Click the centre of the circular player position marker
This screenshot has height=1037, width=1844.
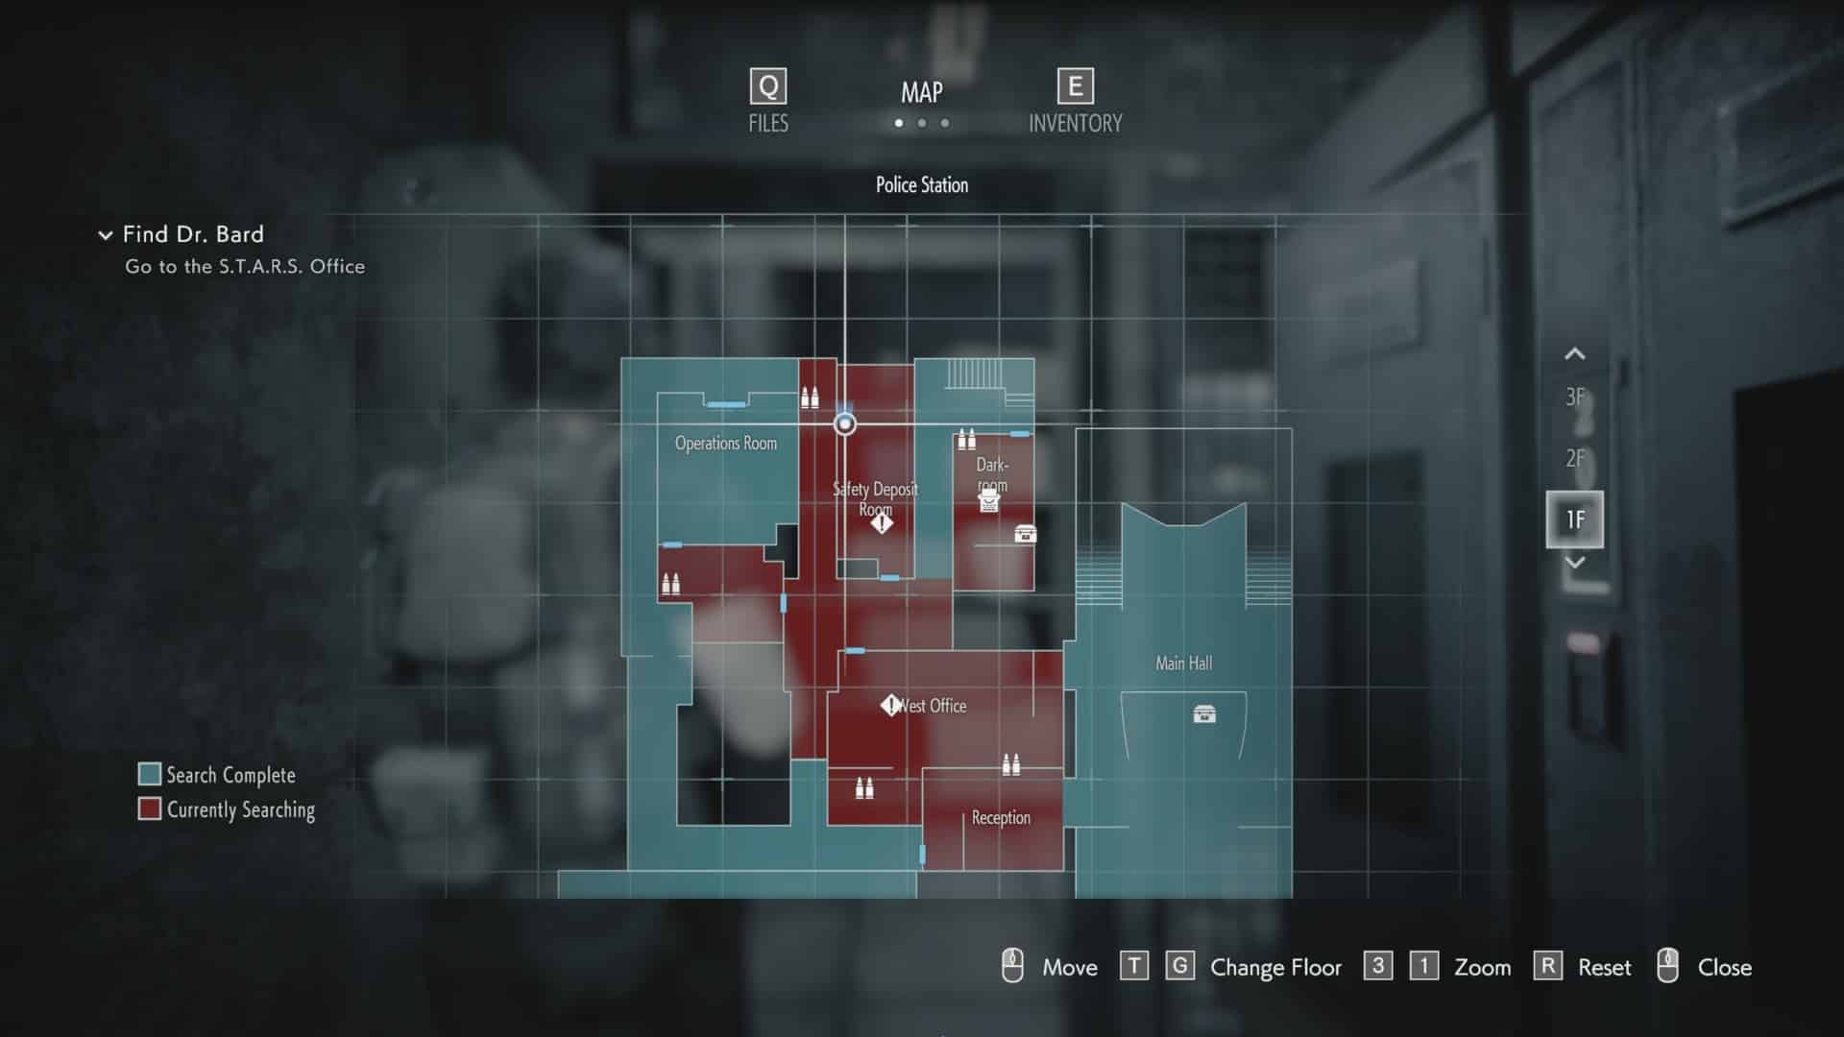[845, 423]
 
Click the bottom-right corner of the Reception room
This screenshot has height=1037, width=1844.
[1064, 871]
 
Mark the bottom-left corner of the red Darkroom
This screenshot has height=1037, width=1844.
[953, 591]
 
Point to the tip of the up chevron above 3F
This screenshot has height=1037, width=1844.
[1574, 349]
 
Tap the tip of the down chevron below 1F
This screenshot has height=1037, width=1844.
[1574, 567]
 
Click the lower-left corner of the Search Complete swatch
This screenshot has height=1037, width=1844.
[139, 785]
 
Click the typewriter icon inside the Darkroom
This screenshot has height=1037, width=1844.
[989, 500]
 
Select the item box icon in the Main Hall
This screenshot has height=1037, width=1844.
[1204, 713]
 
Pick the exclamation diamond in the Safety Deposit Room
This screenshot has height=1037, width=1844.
[882, 523]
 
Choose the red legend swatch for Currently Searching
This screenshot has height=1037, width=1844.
[149, 808]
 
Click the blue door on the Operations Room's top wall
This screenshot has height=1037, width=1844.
[726, 404]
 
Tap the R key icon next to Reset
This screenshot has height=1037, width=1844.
[1547, 966]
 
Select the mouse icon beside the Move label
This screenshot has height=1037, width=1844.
[1012, 966]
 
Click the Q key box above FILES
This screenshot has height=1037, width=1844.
[768, 86]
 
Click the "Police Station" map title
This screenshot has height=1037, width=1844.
[922, 185]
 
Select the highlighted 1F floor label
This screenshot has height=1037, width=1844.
[1575, 519]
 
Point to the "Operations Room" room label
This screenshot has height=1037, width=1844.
[726, 444]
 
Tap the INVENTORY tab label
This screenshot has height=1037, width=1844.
[1076, 124]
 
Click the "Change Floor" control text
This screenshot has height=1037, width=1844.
[1275, 967]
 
